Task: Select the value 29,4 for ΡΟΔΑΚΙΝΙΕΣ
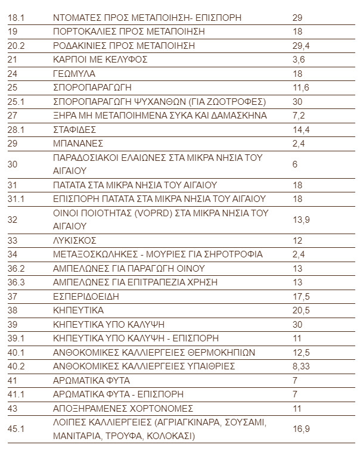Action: (302, 45)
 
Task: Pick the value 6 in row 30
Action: (295, 164)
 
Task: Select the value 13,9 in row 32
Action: (302, 220)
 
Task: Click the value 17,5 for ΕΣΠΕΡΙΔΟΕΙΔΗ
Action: (302, 297)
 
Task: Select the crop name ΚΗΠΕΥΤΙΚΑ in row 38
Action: (78, 310)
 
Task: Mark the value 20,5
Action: (302, 310)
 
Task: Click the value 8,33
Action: (302, 366)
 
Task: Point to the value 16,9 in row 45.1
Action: (302, 429)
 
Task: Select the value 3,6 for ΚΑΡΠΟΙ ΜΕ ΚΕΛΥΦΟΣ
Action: (299, 60)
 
